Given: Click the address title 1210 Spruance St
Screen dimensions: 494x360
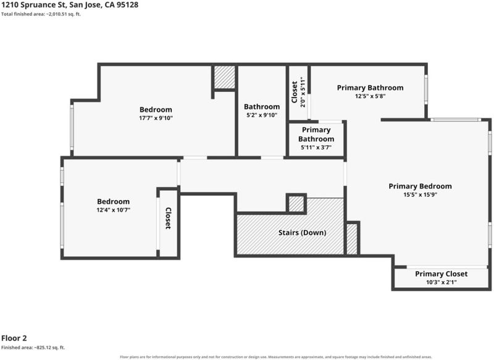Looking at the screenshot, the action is click(70, 5).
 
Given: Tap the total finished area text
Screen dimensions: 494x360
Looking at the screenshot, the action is click(41, 14).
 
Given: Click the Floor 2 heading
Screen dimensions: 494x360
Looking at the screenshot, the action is click(14, 338).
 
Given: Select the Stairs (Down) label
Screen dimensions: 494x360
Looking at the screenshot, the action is click(302, 233).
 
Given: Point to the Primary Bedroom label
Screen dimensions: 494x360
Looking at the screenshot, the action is click(420, 186).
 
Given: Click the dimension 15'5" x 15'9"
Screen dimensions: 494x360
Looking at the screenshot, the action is click(420, 195).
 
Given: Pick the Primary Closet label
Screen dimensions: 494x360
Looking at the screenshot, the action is click(441, 274).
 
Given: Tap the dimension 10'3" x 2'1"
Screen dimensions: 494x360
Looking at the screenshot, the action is click(441, 282).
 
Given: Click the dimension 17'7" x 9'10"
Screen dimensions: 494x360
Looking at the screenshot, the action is click(156, 118).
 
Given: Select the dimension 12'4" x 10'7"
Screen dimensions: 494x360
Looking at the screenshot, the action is click(114, 210).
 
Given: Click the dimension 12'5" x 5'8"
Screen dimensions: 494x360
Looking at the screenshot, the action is click(370, 96).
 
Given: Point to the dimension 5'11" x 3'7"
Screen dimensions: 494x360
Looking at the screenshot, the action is click(316, 147).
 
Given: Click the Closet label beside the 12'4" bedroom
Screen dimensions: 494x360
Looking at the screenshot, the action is click(168, 218).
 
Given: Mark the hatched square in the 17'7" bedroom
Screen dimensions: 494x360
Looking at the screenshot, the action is click(225, 77).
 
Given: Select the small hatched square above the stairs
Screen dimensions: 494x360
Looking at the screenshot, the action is click(296, 204).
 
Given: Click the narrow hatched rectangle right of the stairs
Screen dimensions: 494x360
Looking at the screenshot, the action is click(352, 239).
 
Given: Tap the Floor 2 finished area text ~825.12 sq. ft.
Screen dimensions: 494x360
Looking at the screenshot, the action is click(33, 348).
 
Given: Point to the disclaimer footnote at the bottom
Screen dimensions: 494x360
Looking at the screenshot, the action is click(275, 357).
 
